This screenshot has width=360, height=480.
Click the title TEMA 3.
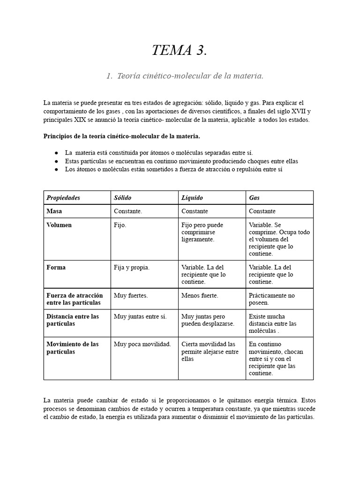click(179, 50)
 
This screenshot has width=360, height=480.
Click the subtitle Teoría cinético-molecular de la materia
click(185, 76)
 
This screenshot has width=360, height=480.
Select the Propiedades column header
click(63, 198)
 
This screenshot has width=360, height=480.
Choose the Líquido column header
click(192, 198)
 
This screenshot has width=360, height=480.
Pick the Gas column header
click(254, 198)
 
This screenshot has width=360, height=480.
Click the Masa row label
click(54, 211)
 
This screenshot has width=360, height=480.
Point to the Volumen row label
click(59, 225)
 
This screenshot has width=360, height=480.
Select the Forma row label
click(56, 268)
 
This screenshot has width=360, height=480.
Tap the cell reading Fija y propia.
click(132, 268)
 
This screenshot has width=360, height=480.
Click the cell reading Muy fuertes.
click(131, 296)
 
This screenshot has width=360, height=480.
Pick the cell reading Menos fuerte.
click(200, 296)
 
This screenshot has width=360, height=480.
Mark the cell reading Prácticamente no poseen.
click(272, 299)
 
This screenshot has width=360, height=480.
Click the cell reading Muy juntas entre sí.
click(140, 316)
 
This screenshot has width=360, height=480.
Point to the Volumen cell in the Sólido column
click(120, 225)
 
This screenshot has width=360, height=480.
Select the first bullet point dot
click(56, 153)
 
